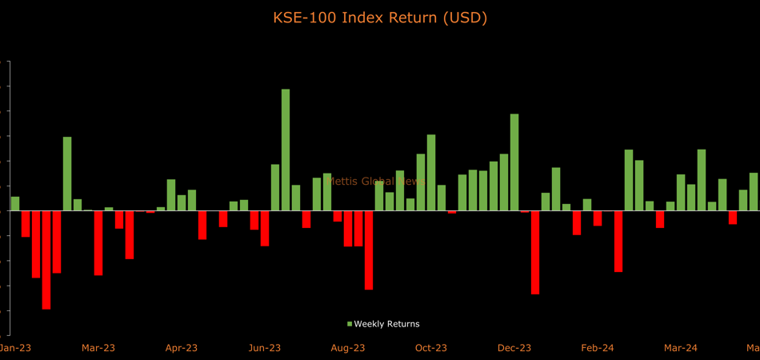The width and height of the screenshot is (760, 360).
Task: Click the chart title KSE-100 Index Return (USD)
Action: pyautogui.click(x=380, y=17)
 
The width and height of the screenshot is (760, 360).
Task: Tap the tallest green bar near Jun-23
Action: pyautogui.click(x=286, y=150)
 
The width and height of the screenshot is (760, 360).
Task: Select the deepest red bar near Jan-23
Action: pyautogui.click(x=46, y=260)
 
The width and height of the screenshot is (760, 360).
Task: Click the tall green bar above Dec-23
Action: pyautogui.click(x=514, y=162)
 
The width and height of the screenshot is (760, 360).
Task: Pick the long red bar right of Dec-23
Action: pyautogui.click(x=534, y=252)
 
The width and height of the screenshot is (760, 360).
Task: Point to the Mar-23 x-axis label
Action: pyautogui.click(x=98, y=348)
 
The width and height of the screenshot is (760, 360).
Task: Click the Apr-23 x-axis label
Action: pyautogui.click(x=182, y=348)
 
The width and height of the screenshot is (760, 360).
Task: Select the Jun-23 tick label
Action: pyautogui.click(x=265, y=348)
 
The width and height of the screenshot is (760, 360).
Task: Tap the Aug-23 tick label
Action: pyautogui.click(x=348, y=348)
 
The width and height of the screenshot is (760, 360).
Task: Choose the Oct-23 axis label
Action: pyautogui.click(x=430, y=348)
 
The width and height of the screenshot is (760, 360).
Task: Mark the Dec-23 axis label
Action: pyautogui.click(x=514, y=348)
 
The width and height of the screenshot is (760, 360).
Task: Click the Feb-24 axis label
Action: pyautogui.click(x=598, y=348)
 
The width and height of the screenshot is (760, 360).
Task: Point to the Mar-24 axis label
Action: pyautogui.click(x=681, y=348)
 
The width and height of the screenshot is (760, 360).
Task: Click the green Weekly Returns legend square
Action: pyautogui.click(x=350, y=324)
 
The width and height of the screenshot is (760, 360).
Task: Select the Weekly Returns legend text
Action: pyautogui.click(x=387, y=324)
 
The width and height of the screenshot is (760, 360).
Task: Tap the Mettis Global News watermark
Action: pyautogui.click(x=377, y=182)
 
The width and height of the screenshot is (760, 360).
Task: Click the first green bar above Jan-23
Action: pyautogui.click(x=15, y=204)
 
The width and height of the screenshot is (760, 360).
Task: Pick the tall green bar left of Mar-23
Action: pyautogui.click(x=67, y=174)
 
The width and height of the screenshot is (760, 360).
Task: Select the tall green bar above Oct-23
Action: pyautogui.click(x=431, y=172)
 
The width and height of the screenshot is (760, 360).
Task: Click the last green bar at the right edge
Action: pyautogui.click(x=753, y=192)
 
